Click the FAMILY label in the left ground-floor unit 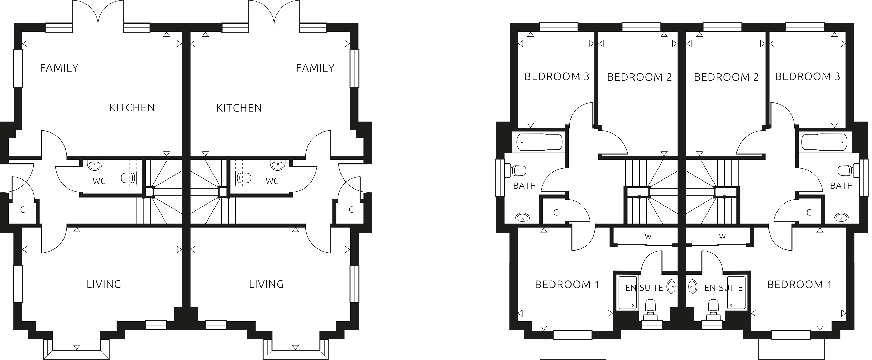coord(59,68)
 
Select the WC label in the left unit coord(99,181)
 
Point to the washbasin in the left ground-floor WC coord(94,166)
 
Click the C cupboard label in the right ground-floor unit coord(351,210)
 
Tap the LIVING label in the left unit coord(104,284)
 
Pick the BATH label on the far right coord(841,186)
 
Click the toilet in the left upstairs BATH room coord(517,170)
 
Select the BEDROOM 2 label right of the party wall coord(726,77)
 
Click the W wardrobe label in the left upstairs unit coord(648,236)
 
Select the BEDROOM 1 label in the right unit coord(799,285)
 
